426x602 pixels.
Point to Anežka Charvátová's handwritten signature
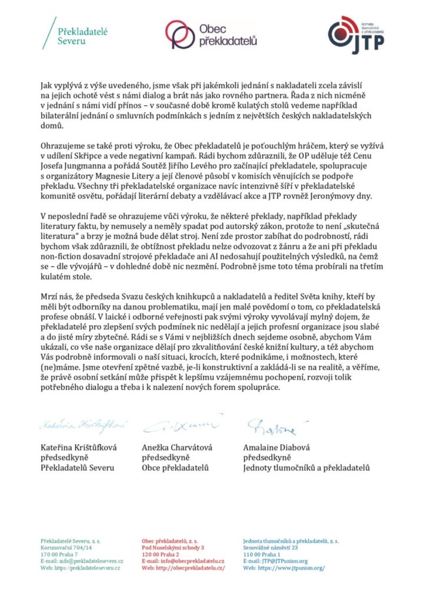point(182,423)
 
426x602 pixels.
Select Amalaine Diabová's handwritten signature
point(271,424)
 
